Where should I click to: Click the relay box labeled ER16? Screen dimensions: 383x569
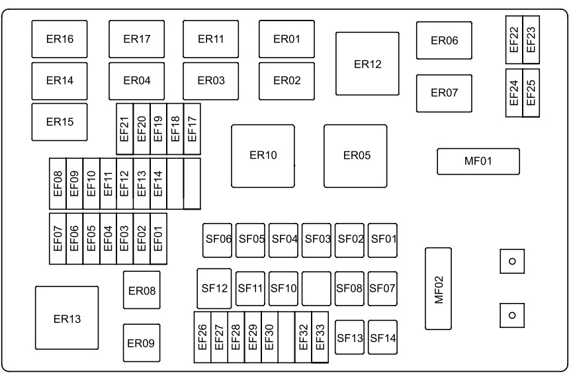pos(60,39)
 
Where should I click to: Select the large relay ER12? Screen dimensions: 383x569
pos(368,64)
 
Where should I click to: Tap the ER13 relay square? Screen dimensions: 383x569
pos(67,319)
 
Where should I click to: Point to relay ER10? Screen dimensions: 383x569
pos(263,155)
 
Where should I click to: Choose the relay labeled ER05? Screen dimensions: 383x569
pos(355,155)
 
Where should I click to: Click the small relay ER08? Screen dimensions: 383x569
pos(141,290)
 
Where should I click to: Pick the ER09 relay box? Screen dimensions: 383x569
pos(141,343)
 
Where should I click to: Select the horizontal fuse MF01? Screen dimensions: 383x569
pos(478,161)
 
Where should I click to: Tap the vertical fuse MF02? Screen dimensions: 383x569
pos(438,288)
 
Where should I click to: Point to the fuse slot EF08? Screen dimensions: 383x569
pos(58,183)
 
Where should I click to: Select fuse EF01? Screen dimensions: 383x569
pos(158,238)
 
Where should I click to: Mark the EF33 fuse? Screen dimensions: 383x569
pos(320,337)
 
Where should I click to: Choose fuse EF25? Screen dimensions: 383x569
pos(531,93)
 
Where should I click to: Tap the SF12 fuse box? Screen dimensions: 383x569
pos(214,288)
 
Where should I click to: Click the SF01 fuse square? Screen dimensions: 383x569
pos(383,238)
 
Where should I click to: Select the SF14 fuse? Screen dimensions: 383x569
pos(383,337)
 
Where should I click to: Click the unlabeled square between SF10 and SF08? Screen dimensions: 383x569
pos(316,288)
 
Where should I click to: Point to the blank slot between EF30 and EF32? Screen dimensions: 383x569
pos(286,337)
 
